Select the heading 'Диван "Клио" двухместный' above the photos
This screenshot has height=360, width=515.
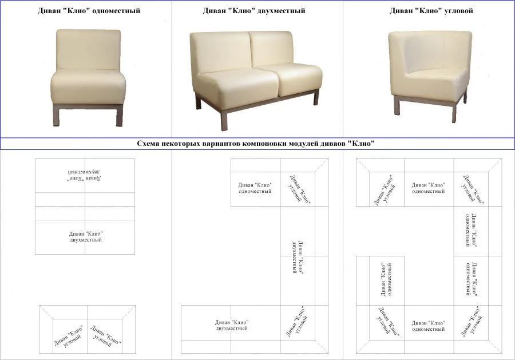253,11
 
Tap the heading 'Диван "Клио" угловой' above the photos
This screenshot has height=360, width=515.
431,11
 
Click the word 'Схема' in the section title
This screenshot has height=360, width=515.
150,144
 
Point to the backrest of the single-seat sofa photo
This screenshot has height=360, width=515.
88,49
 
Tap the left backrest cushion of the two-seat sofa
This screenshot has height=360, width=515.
220,52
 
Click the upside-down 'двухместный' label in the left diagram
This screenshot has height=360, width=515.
85,175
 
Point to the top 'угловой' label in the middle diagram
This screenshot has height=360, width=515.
299,189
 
